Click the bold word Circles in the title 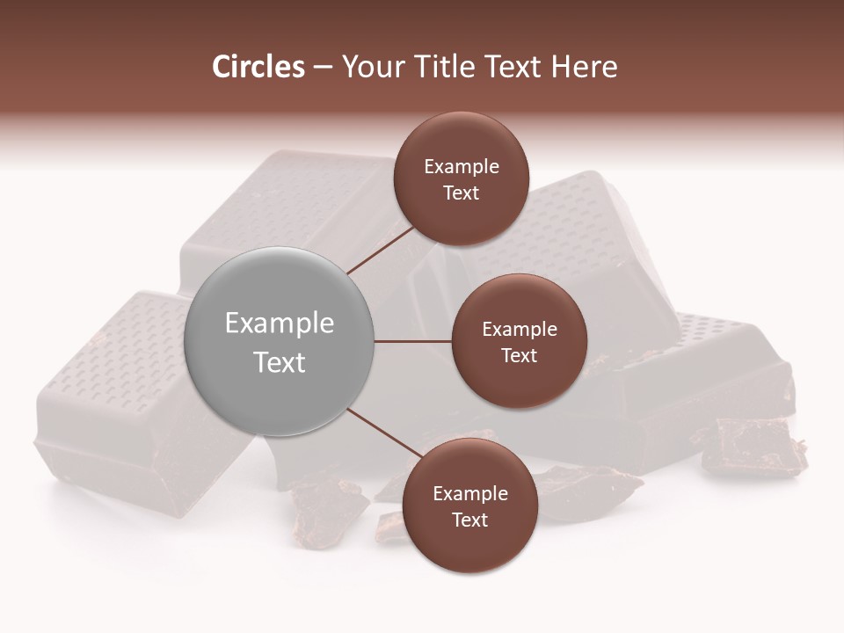click(258, 67)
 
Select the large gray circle click(280, 341)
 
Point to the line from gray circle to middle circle click(413, 341)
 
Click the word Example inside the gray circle click(280, 324)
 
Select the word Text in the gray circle click(280, 362)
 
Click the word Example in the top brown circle click(462, 167)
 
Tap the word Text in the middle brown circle click(519, 355)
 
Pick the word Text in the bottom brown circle click(469, 520)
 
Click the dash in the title click(323, 67)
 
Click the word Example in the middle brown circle click(519, 330)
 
